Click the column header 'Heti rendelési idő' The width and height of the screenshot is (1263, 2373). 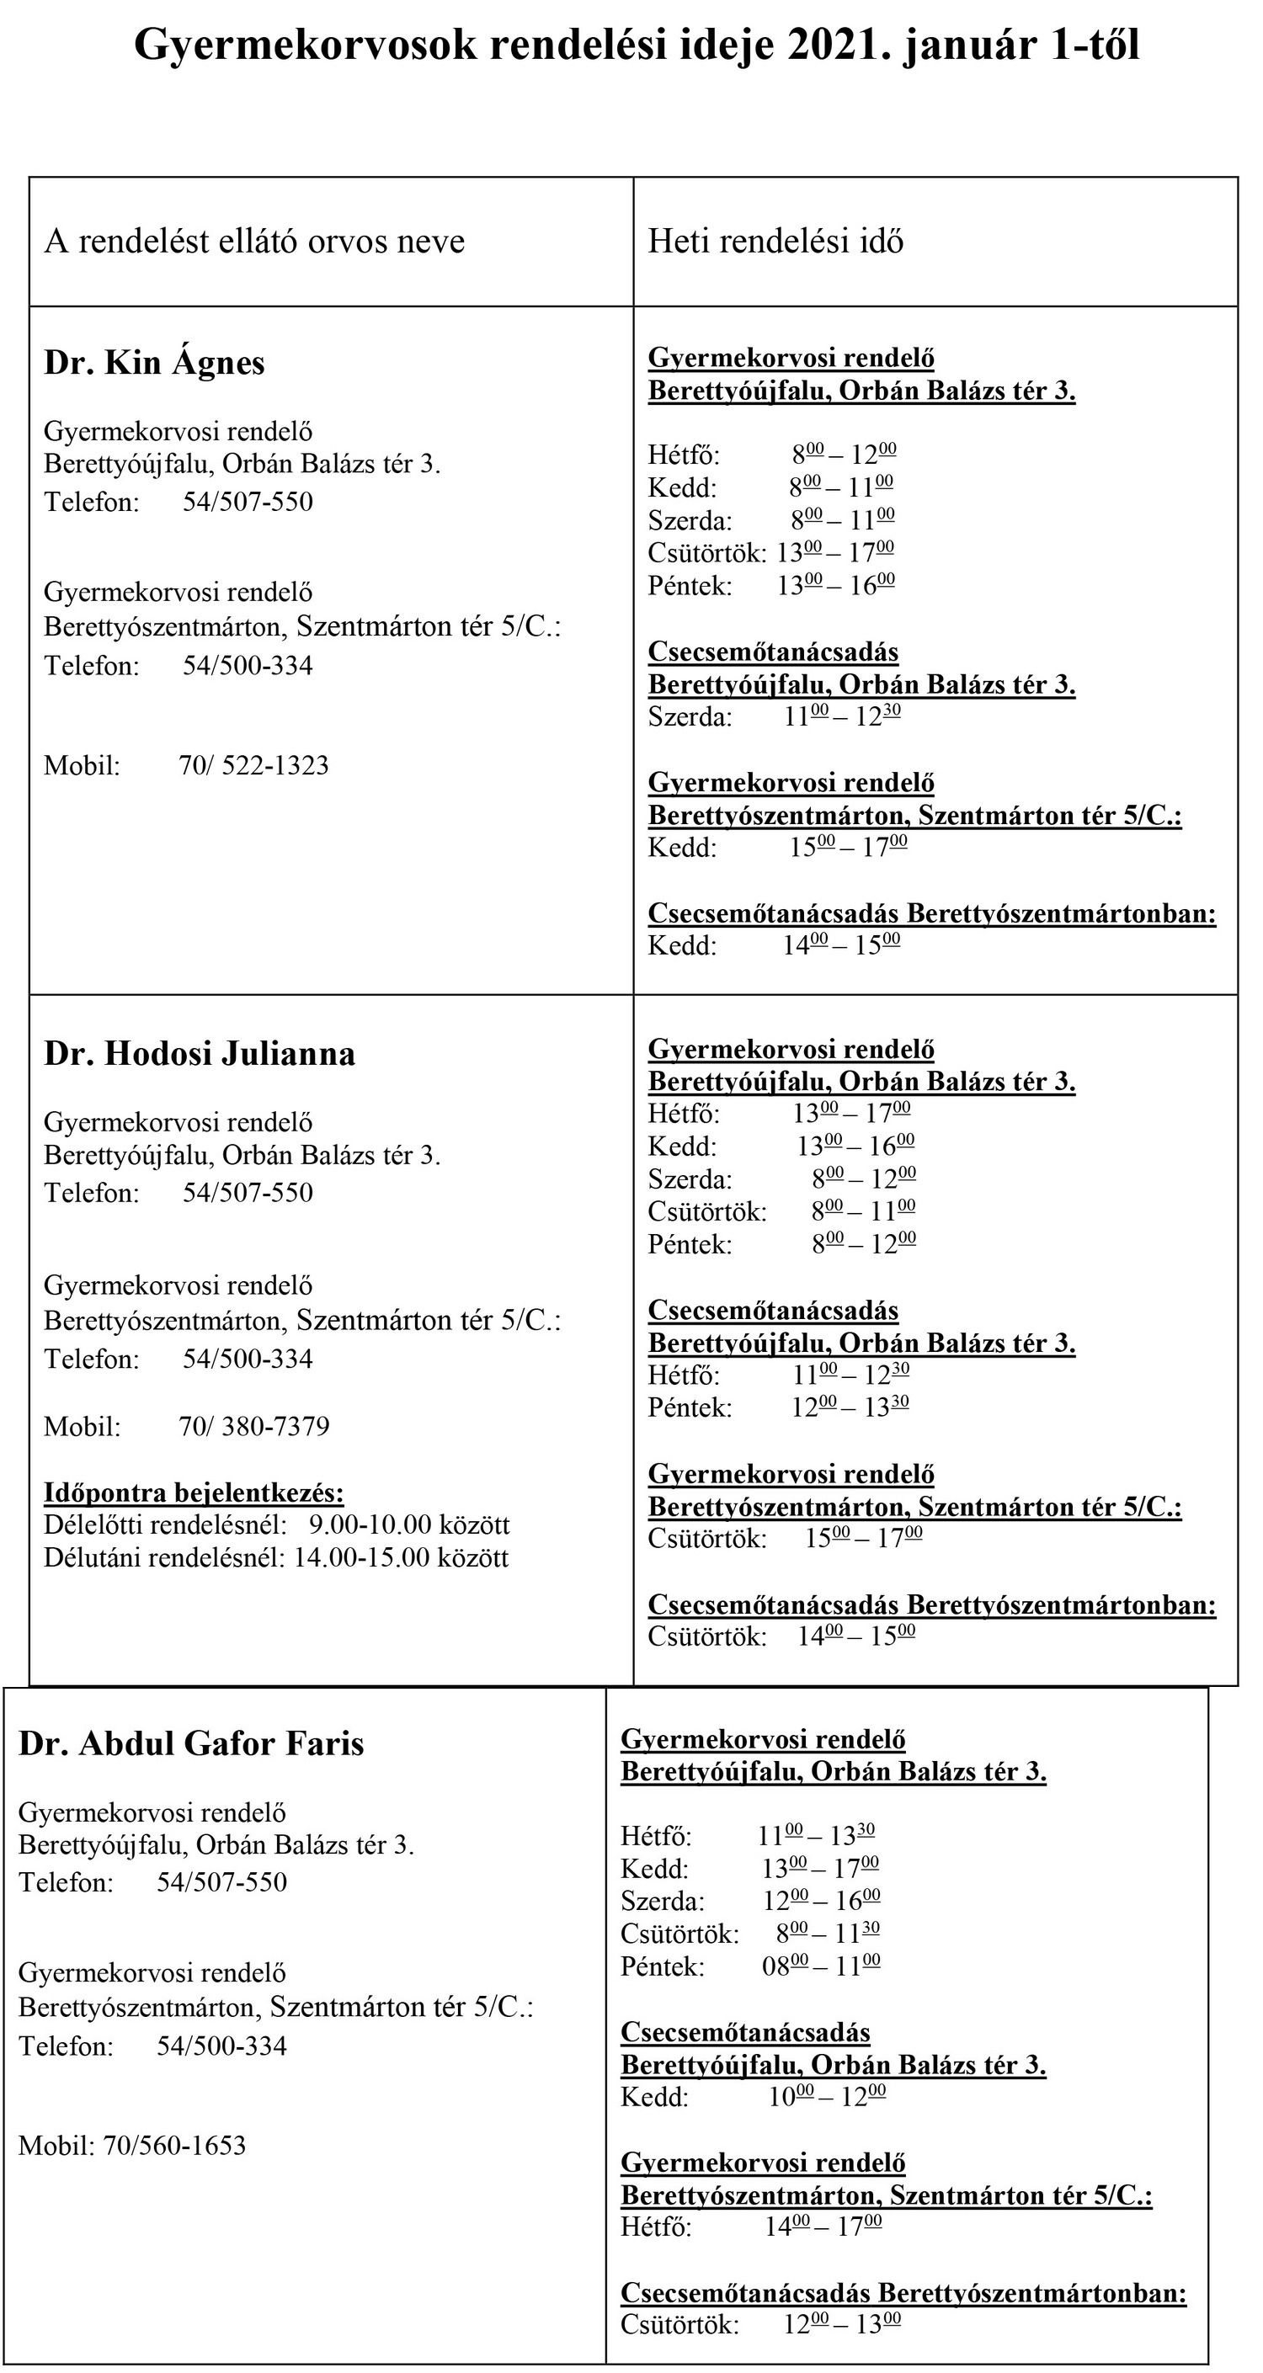tap(775, 242)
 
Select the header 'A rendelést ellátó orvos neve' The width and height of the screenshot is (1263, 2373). tap(254, 242)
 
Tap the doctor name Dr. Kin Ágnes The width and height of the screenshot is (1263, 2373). tap(155, 363)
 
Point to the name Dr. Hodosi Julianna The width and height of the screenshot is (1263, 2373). tap(200, 1054)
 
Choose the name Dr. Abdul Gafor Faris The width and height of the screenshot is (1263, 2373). tap(192, 1744)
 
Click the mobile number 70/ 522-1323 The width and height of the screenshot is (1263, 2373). tap(253, 765)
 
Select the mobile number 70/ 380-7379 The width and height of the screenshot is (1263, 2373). tap(253, 1427)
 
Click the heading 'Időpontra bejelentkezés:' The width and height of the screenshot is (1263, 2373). tap(194, 1492)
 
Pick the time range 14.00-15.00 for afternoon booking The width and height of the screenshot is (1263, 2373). tap(362, 1558)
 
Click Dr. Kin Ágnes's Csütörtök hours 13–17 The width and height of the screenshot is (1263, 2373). tap(834, 553)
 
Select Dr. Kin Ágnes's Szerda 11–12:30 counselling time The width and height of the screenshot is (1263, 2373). tap(842, 716)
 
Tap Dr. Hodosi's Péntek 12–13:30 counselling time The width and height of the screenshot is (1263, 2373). tap(850, 1407)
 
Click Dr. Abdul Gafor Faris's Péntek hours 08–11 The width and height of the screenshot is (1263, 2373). tap(820, 1966)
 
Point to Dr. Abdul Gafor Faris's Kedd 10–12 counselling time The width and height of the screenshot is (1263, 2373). tap(826, 2098)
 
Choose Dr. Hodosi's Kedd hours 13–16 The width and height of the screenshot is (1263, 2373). tap(855, 1147)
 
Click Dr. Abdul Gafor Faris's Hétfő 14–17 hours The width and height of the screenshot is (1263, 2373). tap(823, 2227)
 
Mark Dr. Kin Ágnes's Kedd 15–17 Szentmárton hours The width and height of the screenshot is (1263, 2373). tap(848, 848)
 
